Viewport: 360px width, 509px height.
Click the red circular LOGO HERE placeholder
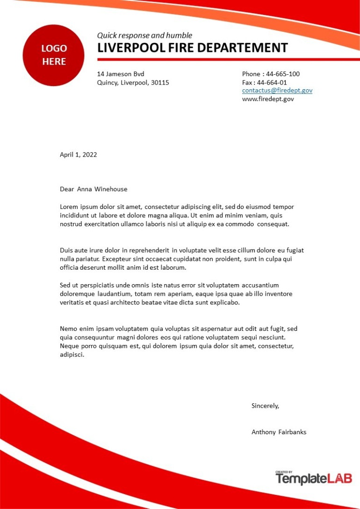(x=53, y=55)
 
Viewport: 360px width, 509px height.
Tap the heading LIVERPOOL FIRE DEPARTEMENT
(x=192, y=48)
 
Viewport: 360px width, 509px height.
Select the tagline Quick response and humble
(x=144, y=36)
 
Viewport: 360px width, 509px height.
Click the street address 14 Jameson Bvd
(x=121, y=74)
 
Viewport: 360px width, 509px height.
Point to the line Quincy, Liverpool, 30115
(x=133, y=83)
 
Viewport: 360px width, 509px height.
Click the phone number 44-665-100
(x=283, y=74)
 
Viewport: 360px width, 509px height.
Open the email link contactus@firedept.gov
(x=277, y=91)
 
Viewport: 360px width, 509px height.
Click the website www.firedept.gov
(x=268, y=99)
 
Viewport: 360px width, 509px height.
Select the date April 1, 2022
(x=79, y=155)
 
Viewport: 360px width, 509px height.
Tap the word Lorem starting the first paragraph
(x=69, y=207)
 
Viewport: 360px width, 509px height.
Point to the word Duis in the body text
(x=67, y=251)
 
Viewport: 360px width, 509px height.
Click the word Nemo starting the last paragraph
(x=69, y=329)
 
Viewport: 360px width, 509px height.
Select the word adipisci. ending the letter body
(x=72, y=355)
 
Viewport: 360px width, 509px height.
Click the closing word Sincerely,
(x=265, y=406)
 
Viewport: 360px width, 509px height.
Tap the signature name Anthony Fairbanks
(x=279, y=432)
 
